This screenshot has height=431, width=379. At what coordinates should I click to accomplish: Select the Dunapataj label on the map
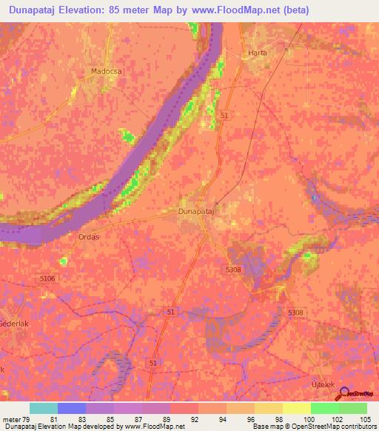196,212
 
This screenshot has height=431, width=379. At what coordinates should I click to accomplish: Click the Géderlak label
13,324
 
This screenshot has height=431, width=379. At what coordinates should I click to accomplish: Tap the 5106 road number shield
48,278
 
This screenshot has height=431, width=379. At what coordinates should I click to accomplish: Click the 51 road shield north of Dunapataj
224,116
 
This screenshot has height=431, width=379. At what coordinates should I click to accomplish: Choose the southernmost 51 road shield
152,363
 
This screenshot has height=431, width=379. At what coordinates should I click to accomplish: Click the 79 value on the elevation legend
25,421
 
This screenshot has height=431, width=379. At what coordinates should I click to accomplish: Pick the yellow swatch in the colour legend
297,408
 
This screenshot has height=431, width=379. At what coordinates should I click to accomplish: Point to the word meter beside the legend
12,421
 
